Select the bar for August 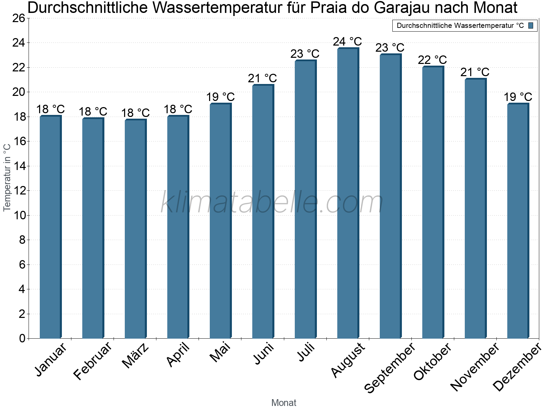pos(348,194)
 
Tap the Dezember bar pos(518,221)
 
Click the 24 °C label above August pos(347,41)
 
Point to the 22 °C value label pos(432,60)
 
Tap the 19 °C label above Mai pos(220,97)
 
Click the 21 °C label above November pos(475,72)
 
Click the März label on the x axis pos(136,356)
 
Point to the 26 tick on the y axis pos(19,18)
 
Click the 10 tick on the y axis pos(19,215)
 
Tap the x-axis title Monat pos(284,403)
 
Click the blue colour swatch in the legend pos(531,26)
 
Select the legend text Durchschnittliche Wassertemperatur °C pos(460,26)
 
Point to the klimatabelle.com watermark pos(272,203)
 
